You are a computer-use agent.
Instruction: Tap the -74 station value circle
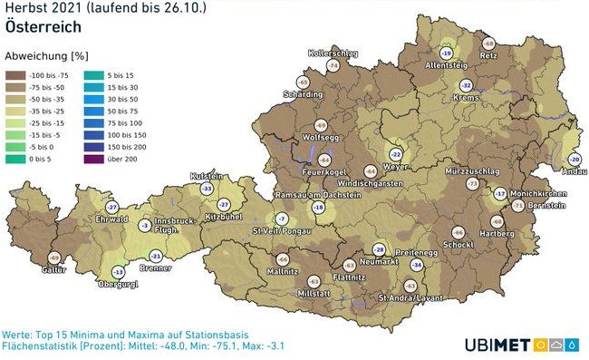tap(333, 66)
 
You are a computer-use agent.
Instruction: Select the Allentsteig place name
tap(445, 65)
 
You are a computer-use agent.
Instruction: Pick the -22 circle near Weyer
tap(395, 155)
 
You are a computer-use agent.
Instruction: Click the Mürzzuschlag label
tap(468, 170)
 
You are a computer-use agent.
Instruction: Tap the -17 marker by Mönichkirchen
tap(500, 194)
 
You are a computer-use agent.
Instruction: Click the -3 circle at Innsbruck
tap(144, 225)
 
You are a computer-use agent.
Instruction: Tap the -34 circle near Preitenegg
tap(417, 264)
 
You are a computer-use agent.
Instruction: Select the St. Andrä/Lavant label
tap(410, 297)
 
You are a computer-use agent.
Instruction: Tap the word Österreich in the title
tap(43, 26)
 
